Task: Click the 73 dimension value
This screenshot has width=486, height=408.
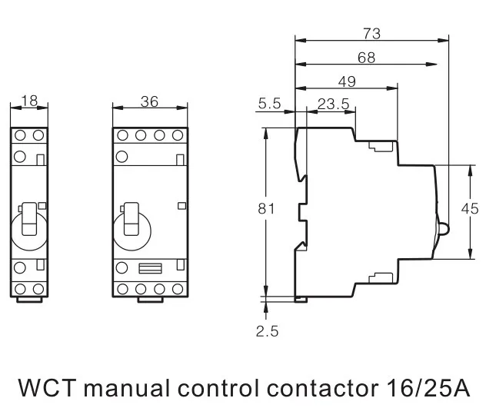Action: pos(371,34)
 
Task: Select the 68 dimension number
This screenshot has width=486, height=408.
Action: pos(366,58)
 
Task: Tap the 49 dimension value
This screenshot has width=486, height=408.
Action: pos(347,81)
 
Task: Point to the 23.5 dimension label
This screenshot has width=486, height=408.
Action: pos(333,104)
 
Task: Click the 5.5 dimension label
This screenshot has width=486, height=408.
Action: pos(269,103)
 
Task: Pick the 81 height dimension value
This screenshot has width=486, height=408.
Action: pos(266,209)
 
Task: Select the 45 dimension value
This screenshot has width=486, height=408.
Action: pos(470,209)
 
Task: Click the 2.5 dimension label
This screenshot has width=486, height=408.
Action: pos(267,331)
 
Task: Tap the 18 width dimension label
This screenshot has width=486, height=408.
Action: pos(29,101)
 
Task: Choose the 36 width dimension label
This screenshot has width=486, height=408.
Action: pos(149,101)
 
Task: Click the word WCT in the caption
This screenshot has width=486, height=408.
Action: pos(48,387)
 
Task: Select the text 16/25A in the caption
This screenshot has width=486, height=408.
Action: pos(428,387)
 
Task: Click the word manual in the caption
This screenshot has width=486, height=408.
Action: pos(127,387)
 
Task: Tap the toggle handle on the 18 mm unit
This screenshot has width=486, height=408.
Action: pos(30,219)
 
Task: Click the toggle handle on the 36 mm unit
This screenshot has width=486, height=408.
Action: pos(131,219)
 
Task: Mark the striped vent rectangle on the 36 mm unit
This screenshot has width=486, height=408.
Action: pos(150,268)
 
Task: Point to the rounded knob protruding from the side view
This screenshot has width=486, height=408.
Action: pos(443,229)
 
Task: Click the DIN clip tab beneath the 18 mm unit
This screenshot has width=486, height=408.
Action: pos(29,300)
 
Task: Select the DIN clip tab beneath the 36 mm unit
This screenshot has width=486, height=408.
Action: pos(150,300)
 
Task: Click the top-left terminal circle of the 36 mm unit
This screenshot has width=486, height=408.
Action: pos(122,135)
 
